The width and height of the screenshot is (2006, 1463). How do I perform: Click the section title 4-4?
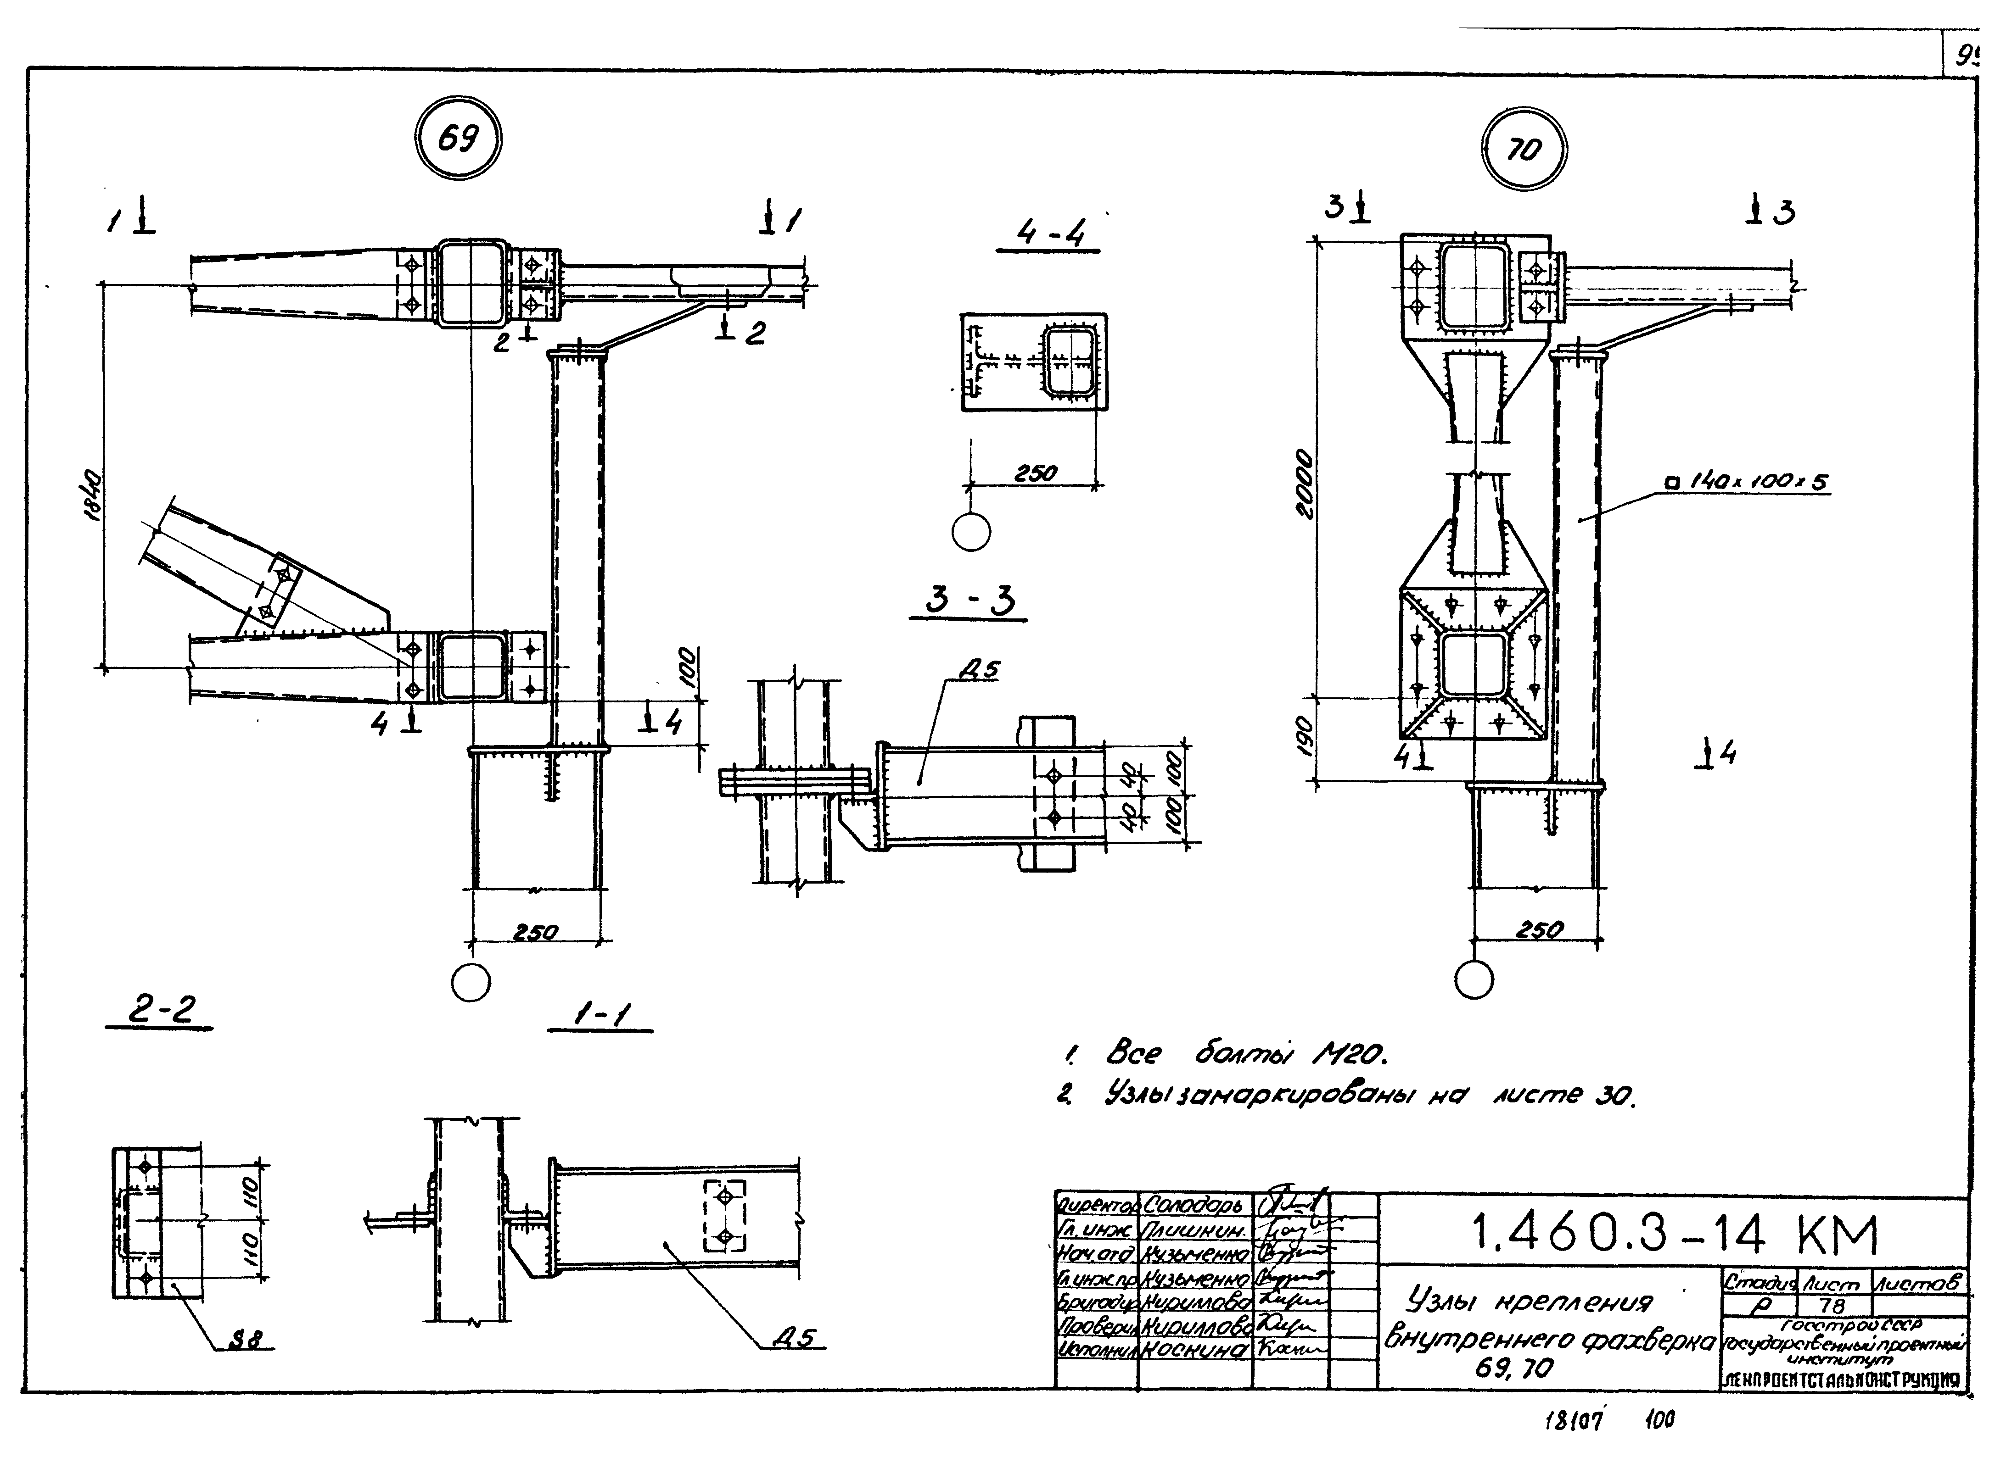1051,233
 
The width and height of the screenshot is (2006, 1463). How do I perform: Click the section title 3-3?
969,602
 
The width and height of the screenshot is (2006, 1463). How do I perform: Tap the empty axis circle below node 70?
1474,980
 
